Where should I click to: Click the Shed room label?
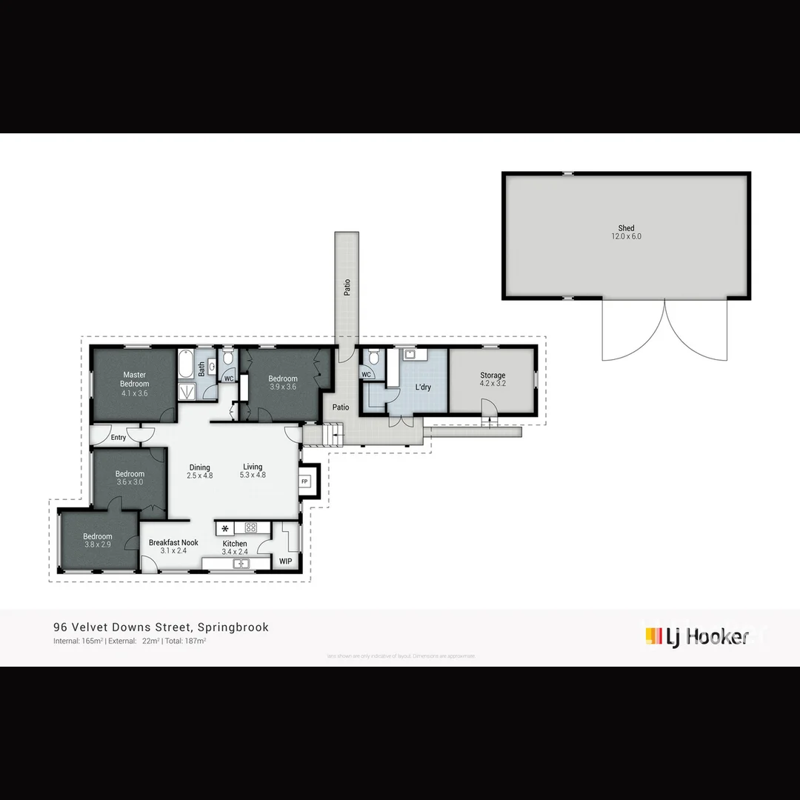coord(626,233)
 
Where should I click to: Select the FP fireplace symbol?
coord(304,481)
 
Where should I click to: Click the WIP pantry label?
coord(285,561)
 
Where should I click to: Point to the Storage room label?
coord(493,379)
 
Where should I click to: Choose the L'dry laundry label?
coord(423,387)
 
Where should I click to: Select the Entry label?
coord(119,438)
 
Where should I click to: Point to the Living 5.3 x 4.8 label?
coord(253,471)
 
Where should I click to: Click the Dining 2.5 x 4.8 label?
coord(200,471)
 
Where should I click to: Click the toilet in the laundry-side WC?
coord(375,359)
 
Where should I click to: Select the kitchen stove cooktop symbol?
coord(250,528)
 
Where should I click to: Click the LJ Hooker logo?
coord(696,636)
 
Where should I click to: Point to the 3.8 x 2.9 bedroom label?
coord(97,541)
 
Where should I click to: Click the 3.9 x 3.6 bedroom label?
coord(283,383)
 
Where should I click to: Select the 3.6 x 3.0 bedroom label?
coord(130,478)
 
